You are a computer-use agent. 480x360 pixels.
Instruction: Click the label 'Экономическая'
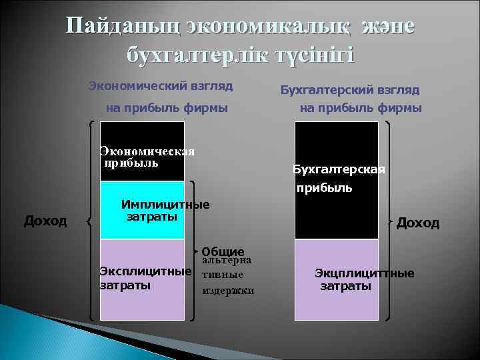[x=147, y=151]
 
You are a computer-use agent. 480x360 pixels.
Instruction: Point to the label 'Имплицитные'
[x=165, y=205]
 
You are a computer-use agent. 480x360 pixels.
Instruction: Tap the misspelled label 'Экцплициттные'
[x=365, y=273]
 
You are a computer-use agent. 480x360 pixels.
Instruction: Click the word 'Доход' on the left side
[x=45, y=220]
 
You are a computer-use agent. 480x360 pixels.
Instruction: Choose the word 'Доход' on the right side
[x=418, y=223]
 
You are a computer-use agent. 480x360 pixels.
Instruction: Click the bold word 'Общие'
[x=222, y=251]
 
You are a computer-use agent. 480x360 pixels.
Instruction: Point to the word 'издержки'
[x=228, y=291]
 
